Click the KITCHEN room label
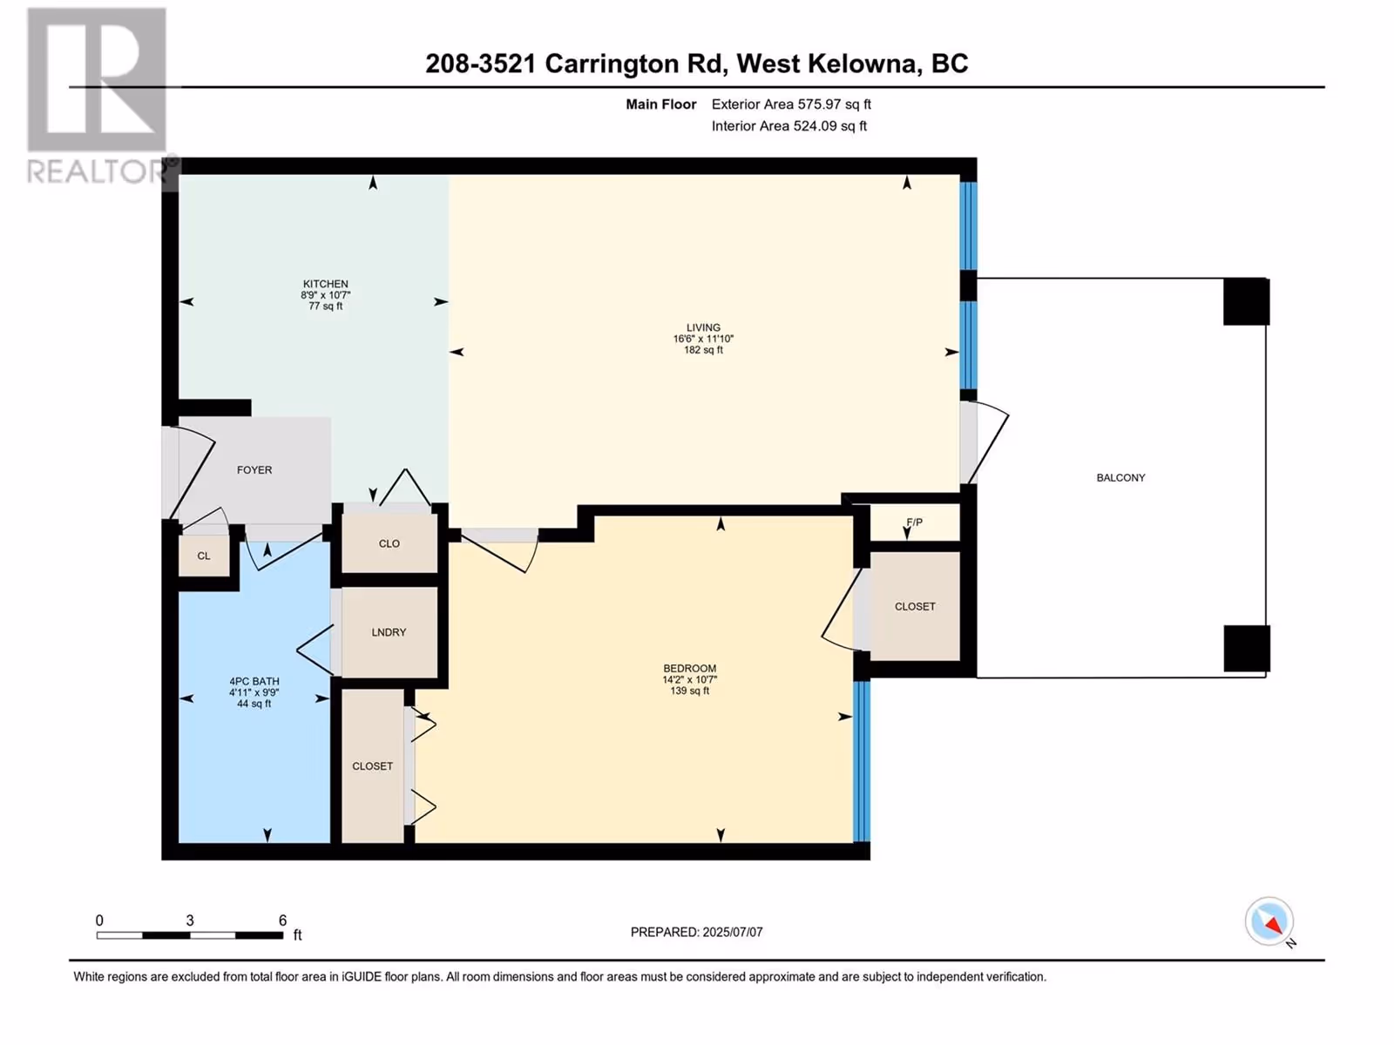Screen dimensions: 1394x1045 point(325,284)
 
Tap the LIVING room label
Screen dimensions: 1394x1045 point(703,327)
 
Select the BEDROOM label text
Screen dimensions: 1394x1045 point(690,668)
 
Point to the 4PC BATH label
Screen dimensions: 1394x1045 point(254,682)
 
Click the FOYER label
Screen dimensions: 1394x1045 point(254,470)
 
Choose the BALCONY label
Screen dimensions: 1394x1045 point(1120,478)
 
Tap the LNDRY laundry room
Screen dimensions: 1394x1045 point(389,632)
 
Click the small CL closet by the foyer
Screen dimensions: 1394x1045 point(203,556)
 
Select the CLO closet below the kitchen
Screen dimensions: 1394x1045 point(389,543)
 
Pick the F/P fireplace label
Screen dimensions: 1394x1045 point(914,522)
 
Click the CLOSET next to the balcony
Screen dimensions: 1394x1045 point(915,607)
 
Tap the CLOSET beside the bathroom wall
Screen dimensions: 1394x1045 point(372,766)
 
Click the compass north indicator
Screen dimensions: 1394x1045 point(1269,922)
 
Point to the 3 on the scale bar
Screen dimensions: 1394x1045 point(189,920)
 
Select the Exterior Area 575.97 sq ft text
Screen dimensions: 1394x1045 point(791,104)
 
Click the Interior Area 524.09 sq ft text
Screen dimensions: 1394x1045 point(788,125)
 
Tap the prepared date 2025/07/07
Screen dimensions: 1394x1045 point(732,932)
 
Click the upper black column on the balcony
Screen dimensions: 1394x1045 point(1246,301)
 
